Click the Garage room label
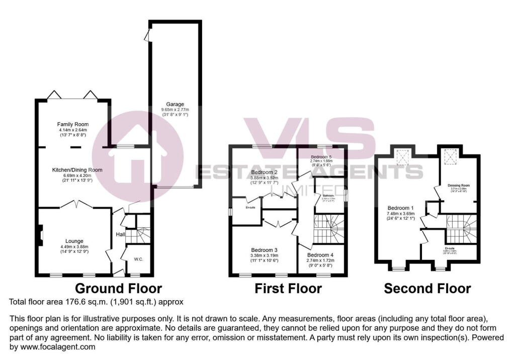click(x=173, y=105)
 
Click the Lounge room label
click(x=74, y=241)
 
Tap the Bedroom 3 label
click(x=265, y=250)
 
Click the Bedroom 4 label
click(x=320, y=255)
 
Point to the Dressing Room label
click(x=458, y=186)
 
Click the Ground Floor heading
click(x=119, y=289)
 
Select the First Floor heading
click(x=288, y=289)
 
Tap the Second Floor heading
click(x=427, y=289)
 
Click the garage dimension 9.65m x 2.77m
click(x=173, y=110)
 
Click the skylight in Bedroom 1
click(x=403, y=158)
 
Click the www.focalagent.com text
click(x=53, y=347)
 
